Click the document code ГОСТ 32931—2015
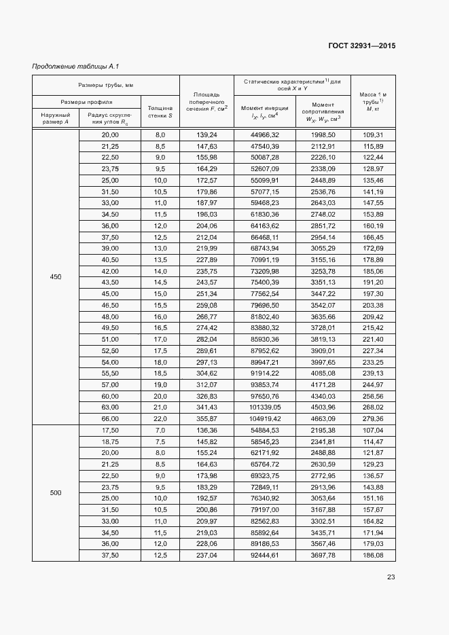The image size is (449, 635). click(x=361, y=46)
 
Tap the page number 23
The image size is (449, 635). click(x=391, y=577)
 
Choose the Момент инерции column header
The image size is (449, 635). click(x=265, y=112)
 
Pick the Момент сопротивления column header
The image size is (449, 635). click(x=323, y=112)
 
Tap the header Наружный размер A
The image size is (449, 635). click(x=56, y=119)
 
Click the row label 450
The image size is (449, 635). click(x=56, y=276)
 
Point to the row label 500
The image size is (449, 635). click(x=56, y=492)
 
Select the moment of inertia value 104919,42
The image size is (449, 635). click(x=265, y=418)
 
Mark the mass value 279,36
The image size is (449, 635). click(x=373, y=418)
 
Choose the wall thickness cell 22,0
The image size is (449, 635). click(x=160, y=418)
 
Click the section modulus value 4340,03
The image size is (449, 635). click(x=323, y=395)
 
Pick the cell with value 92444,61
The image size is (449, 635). click(x=265, y=555)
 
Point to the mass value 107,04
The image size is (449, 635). click(x=373, y=430)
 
